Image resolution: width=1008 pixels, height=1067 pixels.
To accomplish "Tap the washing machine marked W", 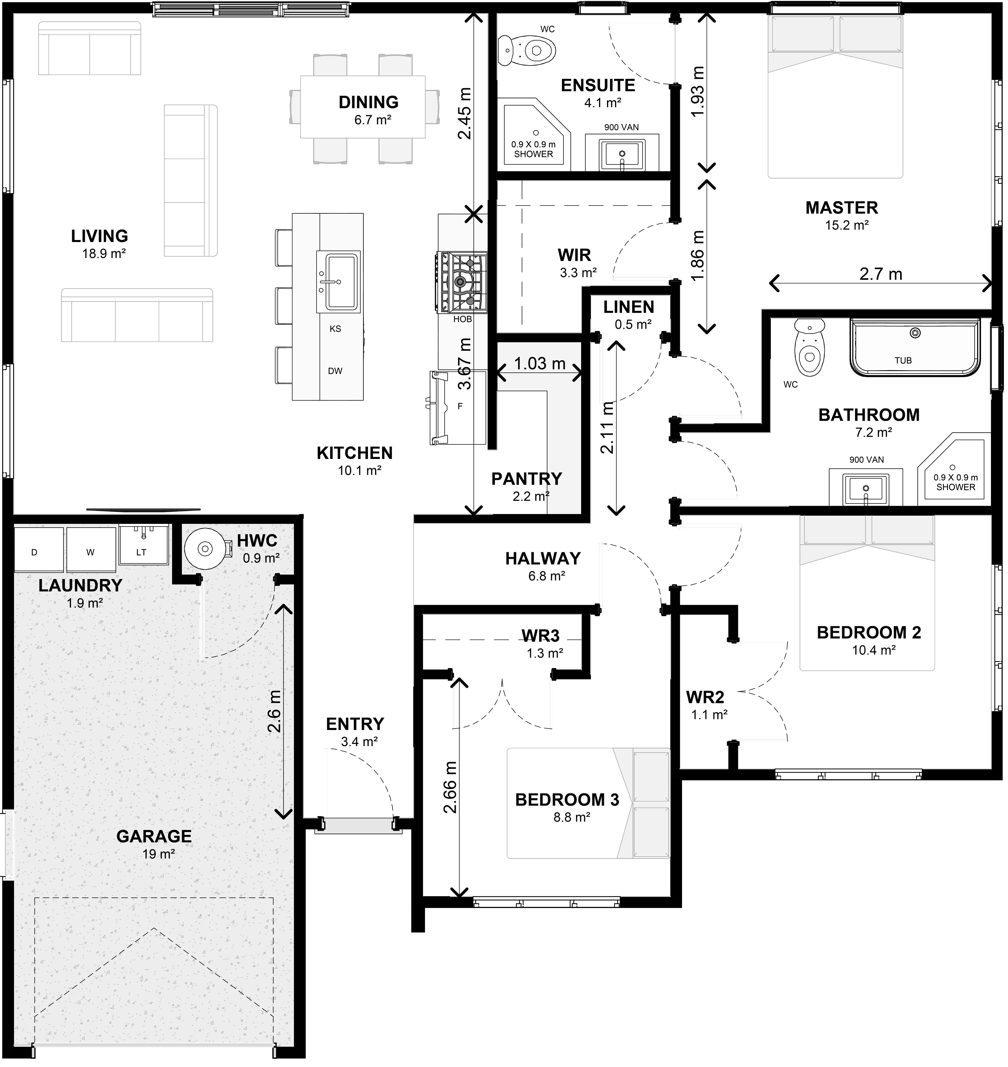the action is pyautogui.click(x=91, y=549).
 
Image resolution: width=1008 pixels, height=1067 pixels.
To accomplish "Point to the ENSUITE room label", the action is pyautogui.click(x=598, y=85).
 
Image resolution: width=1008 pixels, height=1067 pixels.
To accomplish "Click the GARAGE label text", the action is pyautogui.click(x=154, y=836).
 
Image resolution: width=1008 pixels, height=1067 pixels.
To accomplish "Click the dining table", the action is pyautogui.click(x=363, y=107).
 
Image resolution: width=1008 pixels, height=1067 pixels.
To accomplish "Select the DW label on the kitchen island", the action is pyautogui.click(x=335, y=371).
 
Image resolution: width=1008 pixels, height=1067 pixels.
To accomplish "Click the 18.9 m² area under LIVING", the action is pyautogui.click(x=104, y=254).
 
